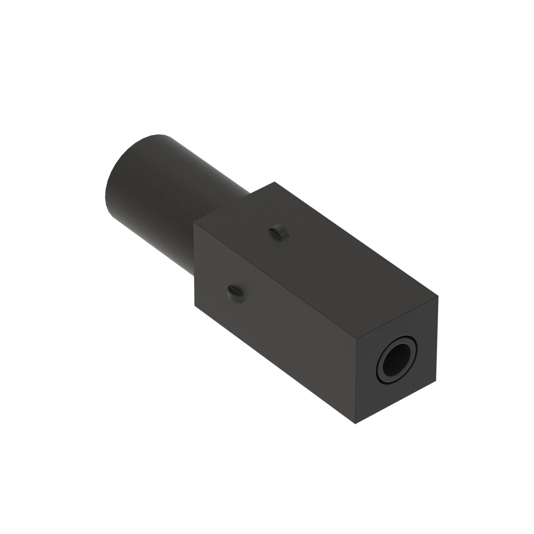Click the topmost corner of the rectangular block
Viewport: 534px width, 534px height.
pyautogui.click(x=274, y=182)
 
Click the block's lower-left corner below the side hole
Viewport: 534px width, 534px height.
pyautogui.click(x=195, y=306)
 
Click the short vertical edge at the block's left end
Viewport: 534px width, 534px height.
pyautogui.click(x=195, y=265)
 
